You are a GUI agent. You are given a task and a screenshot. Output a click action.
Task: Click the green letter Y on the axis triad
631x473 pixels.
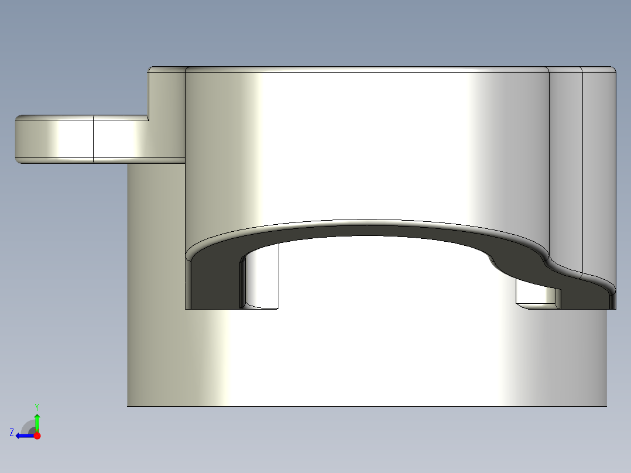[x=36, y=406]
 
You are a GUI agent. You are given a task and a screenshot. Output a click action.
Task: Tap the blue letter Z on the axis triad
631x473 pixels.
[x=12, y=432]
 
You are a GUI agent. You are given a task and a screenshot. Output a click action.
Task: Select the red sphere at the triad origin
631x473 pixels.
[x=37, y=436]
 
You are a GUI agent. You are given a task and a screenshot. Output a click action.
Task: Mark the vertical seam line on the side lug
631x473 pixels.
[x=94, y=139]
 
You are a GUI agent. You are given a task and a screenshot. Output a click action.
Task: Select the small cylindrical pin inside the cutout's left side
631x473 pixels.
[x=262, y=277]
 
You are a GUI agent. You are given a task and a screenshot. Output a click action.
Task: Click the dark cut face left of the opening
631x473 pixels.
[x=214, y=281]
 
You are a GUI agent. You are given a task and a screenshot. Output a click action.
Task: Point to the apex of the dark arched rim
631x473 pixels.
[x=366, y=229]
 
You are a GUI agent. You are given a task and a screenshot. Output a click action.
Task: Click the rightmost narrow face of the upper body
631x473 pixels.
[x=599, y=176]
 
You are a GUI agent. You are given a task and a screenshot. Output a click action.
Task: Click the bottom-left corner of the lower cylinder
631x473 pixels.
[x=128, y=405]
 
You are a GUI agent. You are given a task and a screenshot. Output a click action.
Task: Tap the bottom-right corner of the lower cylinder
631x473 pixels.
[x=606, y=405]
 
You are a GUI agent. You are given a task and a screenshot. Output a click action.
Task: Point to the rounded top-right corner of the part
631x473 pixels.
[x=613, y=70]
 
